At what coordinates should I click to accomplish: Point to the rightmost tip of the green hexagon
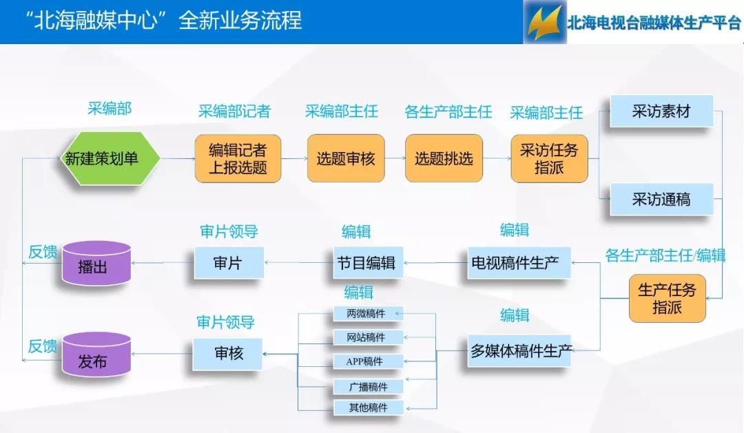[x=161, y=158]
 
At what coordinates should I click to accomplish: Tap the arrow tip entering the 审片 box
[x=265, y=262]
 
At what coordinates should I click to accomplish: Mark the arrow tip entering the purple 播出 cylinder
[x=132, y=262]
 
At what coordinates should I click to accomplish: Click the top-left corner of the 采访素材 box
[x=610, y=96]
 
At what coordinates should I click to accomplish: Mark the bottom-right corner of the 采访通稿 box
[x=713, y=215]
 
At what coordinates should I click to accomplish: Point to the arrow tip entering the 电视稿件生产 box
[x=572, y=262]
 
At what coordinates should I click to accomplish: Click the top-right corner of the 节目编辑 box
[x=403, y=247]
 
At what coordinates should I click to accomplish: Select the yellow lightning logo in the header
[x=545, y=22]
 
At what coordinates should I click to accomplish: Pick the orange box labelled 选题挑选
[x=444, y=158]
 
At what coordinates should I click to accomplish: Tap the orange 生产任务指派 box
[x=667, y=298]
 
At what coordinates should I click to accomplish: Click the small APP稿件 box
[x=368, y=361]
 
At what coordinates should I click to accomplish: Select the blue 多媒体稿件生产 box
[x=519, y=351]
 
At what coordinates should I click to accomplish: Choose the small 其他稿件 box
[x=368, y=408]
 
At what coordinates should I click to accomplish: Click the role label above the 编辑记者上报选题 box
[x=234, y=112]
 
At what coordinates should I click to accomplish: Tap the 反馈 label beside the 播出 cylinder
[x=42, y=252]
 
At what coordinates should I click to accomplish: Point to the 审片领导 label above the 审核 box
[x=226, y=322]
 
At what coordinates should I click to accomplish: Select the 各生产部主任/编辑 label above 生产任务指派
[x=665, y=255]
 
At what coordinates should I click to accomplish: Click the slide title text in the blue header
[x=164, y=21]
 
